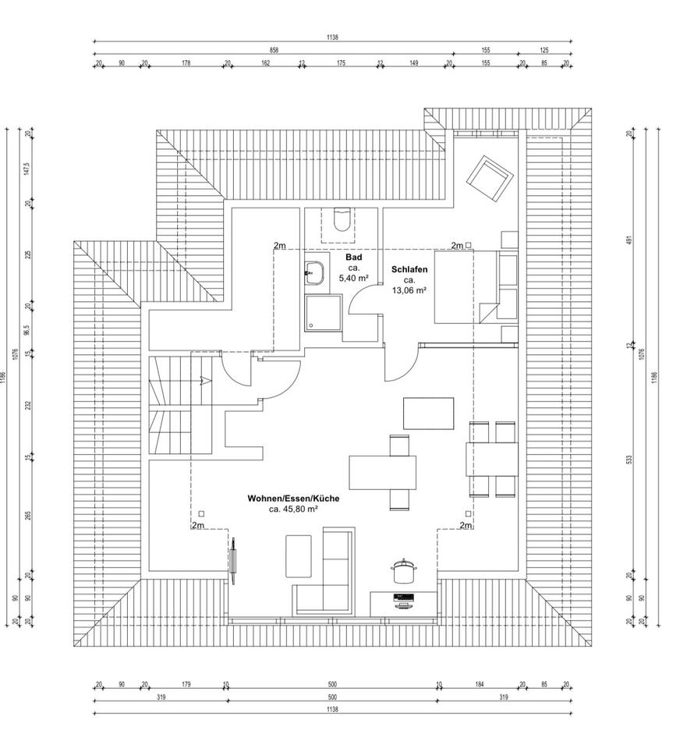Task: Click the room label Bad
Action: tap(354, 257)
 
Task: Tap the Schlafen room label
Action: tap(409, 269)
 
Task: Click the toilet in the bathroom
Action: tap(342, 221)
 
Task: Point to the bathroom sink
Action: tap(316, 272)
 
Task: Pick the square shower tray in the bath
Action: tap(323, 312)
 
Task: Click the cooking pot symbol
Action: tap(402, 570)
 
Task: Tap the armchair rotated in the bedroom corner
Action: tap(490, 178)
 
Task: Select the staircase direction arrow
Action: tap(204, 381)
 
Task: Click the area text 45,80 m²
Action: tap(293, 509)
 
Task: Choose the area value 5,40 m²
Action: tap(354, 278)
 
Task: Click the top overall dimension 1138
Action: tap(333, 37)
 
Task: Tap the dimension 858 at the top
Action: tap(274, 50)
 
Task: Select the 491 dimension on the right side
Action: tap(629, 240)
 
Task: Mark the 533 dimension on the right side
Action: tap(629, 458)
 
